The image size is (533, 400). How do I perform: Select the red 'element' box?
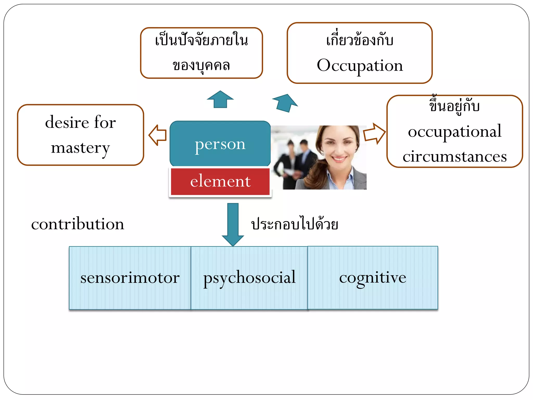coord(220,182)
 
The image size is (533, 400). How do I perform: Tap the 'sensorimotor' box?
coord(130,278)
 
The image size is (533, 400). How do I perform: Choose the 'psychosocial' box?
coord(249,278)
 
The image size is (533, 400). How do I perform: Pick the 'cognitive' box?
coord(372,278)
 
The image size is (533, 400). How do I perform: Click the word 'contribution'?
coord(78,224)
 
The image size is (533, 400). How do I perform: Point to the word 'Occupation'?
coord(360,65)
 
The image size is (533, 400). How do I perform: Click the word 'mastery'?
coord(80,148)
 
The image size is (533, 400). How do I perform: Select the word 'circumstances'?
coord(454,157)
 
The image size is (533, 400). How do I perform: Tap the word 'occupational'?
coord(454,132)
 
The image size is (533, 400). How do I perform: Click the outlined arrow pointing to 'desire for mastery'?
coord(158,135)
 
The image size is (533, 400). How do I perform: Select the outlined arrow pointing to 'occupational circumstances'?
coord(374,134)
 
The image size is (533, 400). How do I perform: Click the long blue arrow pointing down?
coord(233,224)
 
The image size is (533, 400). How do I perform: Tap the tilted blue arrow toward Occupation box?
coord(285,103)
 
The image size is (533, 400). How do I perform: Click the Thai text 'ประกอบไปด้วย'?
coord(295,224)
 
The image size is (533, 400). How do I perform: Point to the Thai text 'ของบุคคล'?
coord(201,65)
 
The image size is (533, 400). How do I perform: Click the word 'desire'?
coord(67,122)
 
